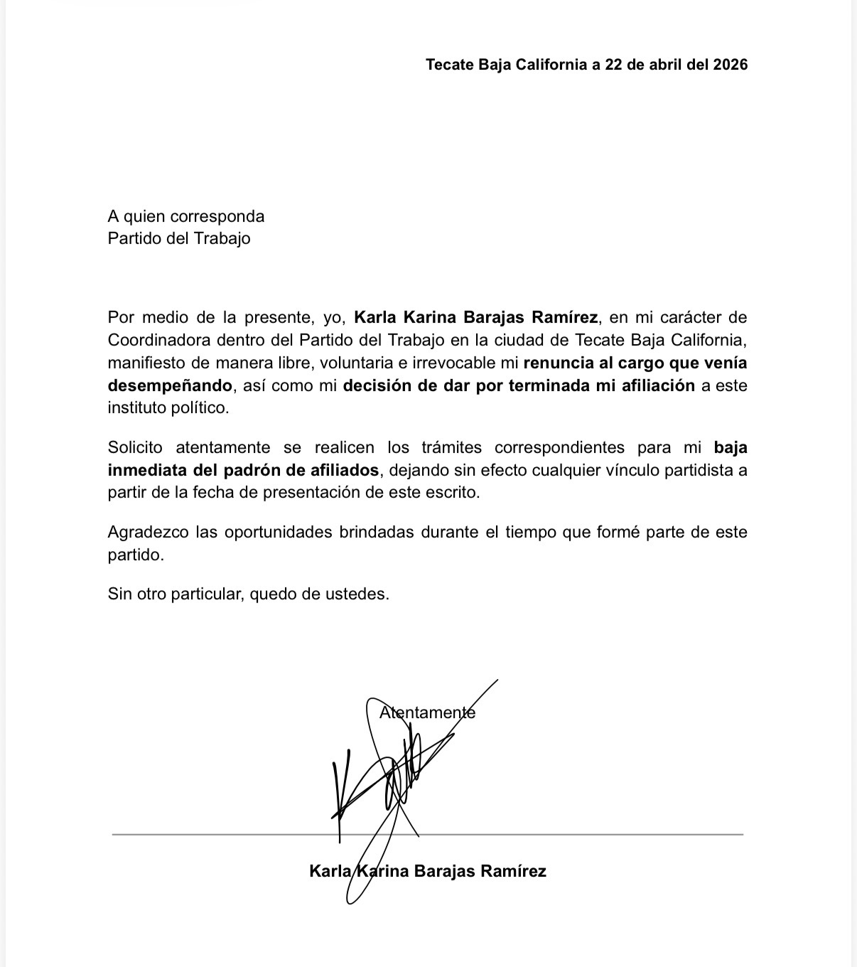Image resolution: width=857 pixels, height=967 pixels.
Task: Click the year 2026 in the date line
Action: (731, 65)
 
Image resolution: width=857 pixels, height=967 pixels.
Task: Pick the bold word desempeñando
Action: (170, 385)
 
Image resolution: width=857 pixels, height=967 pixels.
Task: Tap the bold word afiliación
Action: (654, 385)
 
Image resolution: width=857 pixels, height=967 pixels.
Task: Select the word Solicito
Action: (135, 447)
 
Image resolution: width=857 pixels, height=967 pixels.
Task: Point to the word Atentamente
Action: (427, 712)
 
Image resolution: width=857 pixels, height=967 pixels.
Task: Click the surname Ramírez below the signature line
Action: (514, 871)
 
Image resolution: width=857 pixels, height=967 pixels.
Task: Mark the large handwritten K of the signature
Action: (340, 789)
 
